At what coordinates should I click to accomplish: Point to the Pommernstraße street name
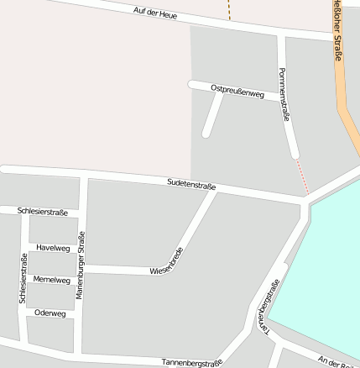pos(284,94)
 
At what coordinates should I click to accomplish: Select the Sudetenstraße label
pos(191,184)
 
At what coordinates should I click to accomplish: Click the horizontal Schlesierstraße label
pos(42,213)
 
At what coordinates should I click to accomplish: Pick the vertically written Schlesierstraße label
pos(23,279)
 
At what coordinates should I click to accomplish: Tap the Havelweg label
pos(53,248)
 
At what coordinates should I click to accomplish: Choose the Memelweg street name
pos(52,280)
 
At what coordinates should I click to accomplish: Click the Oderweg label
pos(50,313)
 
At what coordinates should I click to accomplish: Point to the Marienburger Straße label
pos(81,265)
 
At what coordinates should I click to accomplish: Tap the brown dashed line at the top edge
pos(228,9)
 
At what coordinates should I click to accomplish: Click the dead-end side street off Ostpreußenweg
pos(212,114)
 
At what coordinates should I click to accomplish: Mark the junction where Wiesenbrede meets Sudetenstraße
pos(216,190)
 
